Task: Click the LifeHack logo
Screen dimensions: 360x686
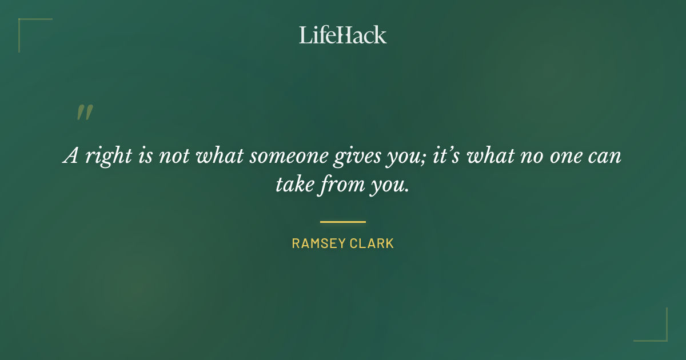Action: [x=342, y=35]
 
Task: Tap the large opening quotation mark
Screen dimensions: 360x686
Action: [x=84, y=113]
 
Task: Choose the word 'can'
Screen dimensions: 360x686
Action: [x=605, y=157]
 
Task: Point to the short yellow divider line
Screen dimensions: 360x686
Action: [x=342, y=222]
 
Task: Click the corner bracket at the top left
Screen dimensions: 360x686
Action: [x=26, y=26]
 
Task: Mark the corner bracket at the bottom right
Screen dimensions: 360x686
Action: [x=660, y=334]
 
